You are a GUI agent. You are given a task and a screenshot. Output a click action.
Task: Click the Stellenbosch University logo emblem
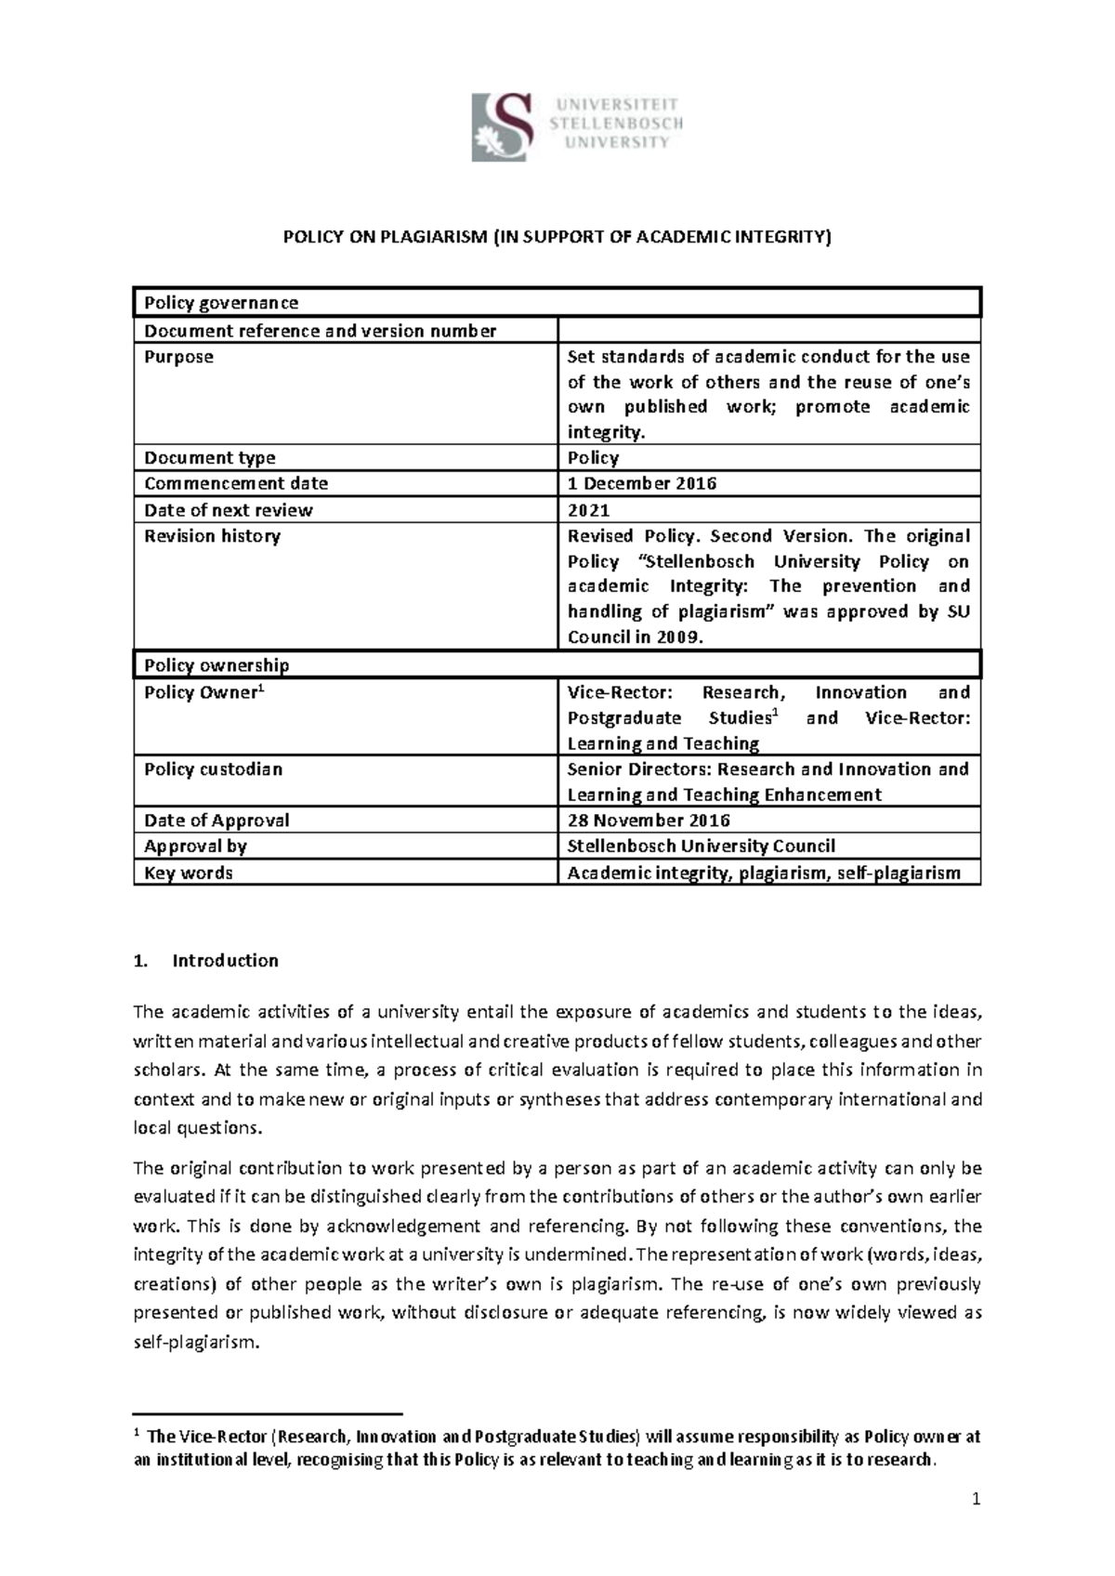(x=503, y=127)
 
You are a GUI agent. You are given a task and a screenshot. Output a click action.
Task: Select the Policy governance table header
(x=221, y=303)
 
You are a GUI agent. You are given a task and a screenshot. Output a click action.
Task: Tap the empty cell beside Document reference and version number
(x=768, y=331)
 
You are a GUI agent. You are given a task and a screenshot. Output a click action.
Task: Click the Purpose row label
(x=178, y=357)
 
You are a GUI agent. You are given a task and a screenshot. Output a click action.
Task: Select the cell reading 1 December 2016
(x=642, y=483)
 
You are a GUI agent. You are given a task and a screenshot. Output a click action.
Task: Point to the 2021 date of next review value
(x=588, y=510)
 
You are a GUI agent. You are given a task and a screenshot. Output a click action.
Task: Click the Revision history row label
(x=212, y=536)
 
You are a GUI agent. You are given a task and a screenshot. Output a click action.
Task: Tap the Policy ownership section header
(x=216, y=665)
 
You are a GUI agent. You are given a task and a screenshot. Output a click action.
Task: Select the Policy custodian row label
(x=213, y=769)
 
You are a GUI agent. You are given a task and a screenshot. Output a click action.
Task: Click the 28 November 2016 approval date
(x=649, y=821)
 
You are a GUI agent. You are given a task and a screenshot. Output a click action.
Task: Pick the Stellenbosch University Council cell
(x=702, y=847)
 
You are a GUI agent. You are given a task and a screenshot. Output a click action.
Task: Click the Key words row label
(x=189, y=873)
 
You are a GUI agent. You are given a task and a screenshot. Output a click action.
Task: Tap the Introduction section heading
(x=225, y=961)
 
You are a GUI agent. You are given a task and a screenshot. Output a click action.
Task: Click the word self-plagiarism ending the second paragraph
(x=193, y=1343)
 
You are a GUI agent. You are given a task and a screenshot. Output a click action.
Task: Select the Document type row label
(x=209, y=457)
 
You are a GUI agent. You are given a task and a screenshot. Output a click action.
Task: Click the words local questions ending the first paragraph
(x=198, y=1128)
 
